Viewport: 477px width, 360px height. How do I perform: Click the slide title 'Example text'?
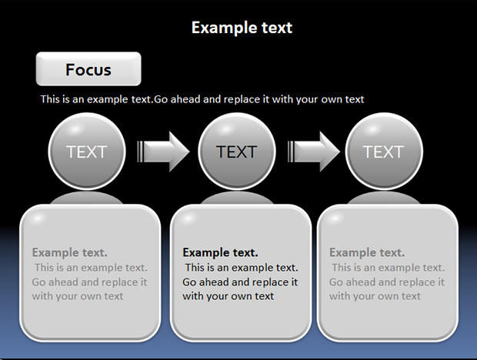(242, 28)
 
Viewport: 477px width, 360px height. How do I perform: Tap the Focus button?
(88, 68)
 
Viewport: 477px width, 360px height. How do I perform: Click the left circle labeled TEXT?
(87, 151)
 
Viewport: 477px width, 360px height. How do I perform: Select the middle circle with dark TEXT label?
(237, 151)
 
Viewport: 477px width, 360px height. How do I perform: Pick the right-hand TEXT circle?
(384, 151)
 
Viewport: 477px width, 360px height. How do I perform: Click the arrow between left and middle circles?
(163, 152)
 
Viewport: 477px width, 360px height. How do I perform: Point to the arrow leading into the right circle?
(314, 152)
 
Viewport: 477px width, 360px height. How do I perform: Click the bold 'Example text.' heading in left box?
(70, 252)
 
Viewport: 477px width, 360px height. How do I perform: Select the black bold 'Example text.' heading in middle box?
(220, 252)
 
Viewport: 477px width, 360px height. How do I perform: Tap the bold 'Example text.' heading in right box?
(367, 252)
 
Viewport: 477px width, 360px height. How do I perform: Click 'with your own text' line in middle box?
(228, 296)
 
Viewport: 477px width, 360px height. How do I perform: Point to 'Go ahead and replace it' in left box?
(89, 282)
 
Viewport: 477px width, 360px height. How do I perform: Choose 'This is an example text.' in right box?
(389, 268)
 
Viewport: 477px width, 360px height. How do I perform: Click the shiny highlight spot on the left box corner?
(37, 218)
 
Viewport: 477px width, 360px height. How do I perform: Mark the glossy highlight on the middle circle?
(225, 129)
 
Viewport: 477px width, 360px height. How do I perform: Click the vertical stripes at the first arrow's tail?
(140, 152)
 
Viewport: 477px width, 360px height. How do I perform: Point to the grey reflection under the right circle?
(384, 198)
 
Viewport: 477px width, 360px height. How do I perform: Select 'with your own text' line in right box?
(375, 296)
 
